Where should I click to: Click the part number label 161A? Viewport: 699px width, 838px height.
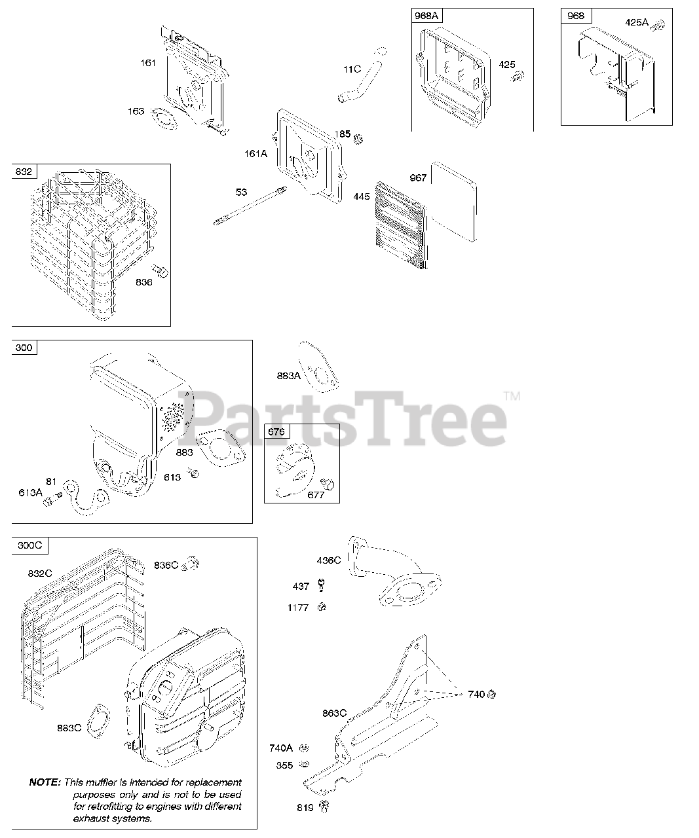tap(255, 154)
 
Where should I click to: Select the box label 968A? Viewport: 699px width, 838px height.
tap(426, 16)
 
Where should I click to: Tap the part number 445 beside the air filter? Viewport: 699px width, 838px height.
tap(362, 196)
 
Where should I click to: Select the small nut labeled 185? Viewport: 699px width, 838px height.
tap(359, 139)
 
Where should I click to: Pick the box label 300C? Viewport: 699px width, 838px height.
tap(29, 545)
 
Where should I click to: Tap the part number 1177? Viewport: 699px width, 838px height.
tap(297, 608)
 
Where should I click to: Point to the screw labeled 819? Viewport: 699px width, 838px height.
tap(324, 807)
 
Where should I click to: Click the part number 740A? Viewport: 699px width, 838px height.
tap(280, 748)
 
